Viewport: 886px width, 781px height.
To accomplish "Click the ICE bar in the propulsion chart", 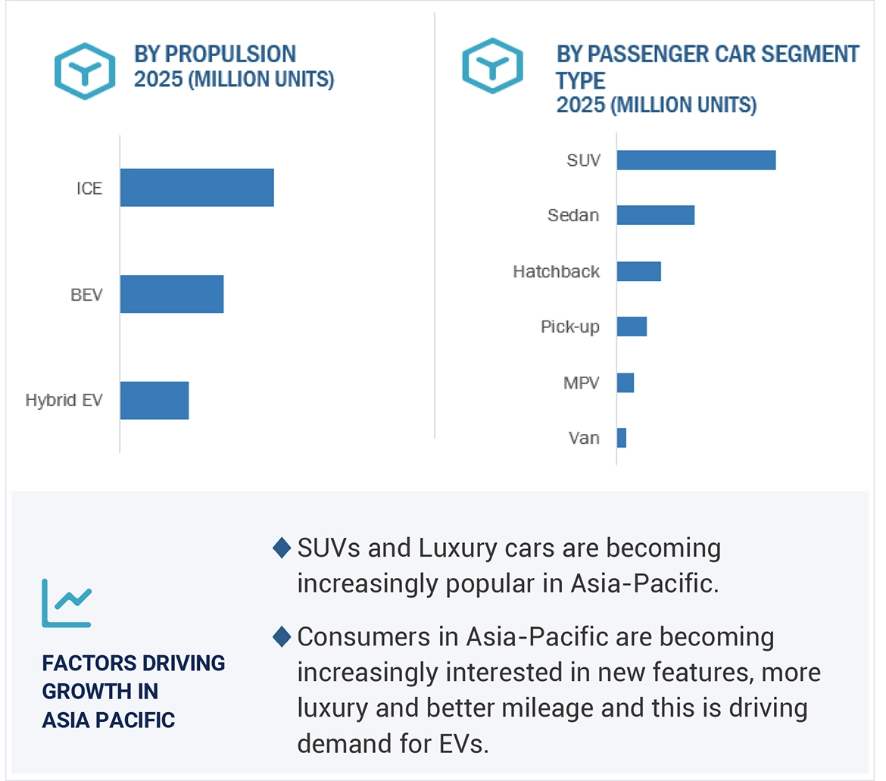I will (x=197, y=187).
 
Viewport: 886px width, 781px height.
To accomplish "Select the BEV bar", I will (x=172, y=294).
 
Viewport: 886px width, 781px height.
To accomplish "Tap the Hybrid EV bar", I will (x=154, y=400).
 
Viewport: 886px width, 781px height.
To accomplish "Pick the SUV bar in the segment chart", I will (x=696, y=160).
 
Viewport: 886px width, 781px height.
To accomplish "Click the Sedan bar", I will (x=655, y=215).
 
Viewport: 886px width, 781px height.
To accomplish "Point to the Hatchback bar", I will (x=638, y=271).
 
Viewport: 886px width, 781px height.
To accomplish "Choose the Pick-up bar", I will (x=632, y=326).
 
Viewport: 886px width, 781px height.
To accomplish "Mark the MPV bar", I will (x=625, y=383).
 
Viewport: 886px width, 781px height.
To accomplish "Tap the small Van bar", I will (x=621, y=438).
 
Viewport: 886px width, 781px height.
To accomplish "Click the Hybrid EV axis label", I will (x=64, y=400).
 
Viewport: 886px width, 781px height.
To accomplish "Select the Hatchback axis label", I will (x=556, y=271).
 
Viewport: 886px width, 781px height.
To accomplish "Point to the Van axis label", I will (x=583, y=438).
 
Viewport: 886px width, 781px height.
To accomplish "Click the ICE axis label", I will (x=89, y=188).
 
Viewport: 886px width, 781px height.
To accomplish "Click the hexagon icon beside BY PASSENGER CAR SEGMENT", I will (x=492, y=65).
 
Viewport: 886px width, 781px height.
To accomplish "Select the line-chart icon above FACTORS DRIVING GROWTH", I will (x=66, y=603).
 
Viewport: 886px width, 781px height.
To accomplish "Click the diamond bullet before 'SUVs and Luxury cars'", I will (x=282, y=547).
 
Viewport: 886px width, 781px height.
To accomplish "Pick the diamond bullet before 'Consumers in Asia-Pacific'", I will (x=282, y=636).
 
